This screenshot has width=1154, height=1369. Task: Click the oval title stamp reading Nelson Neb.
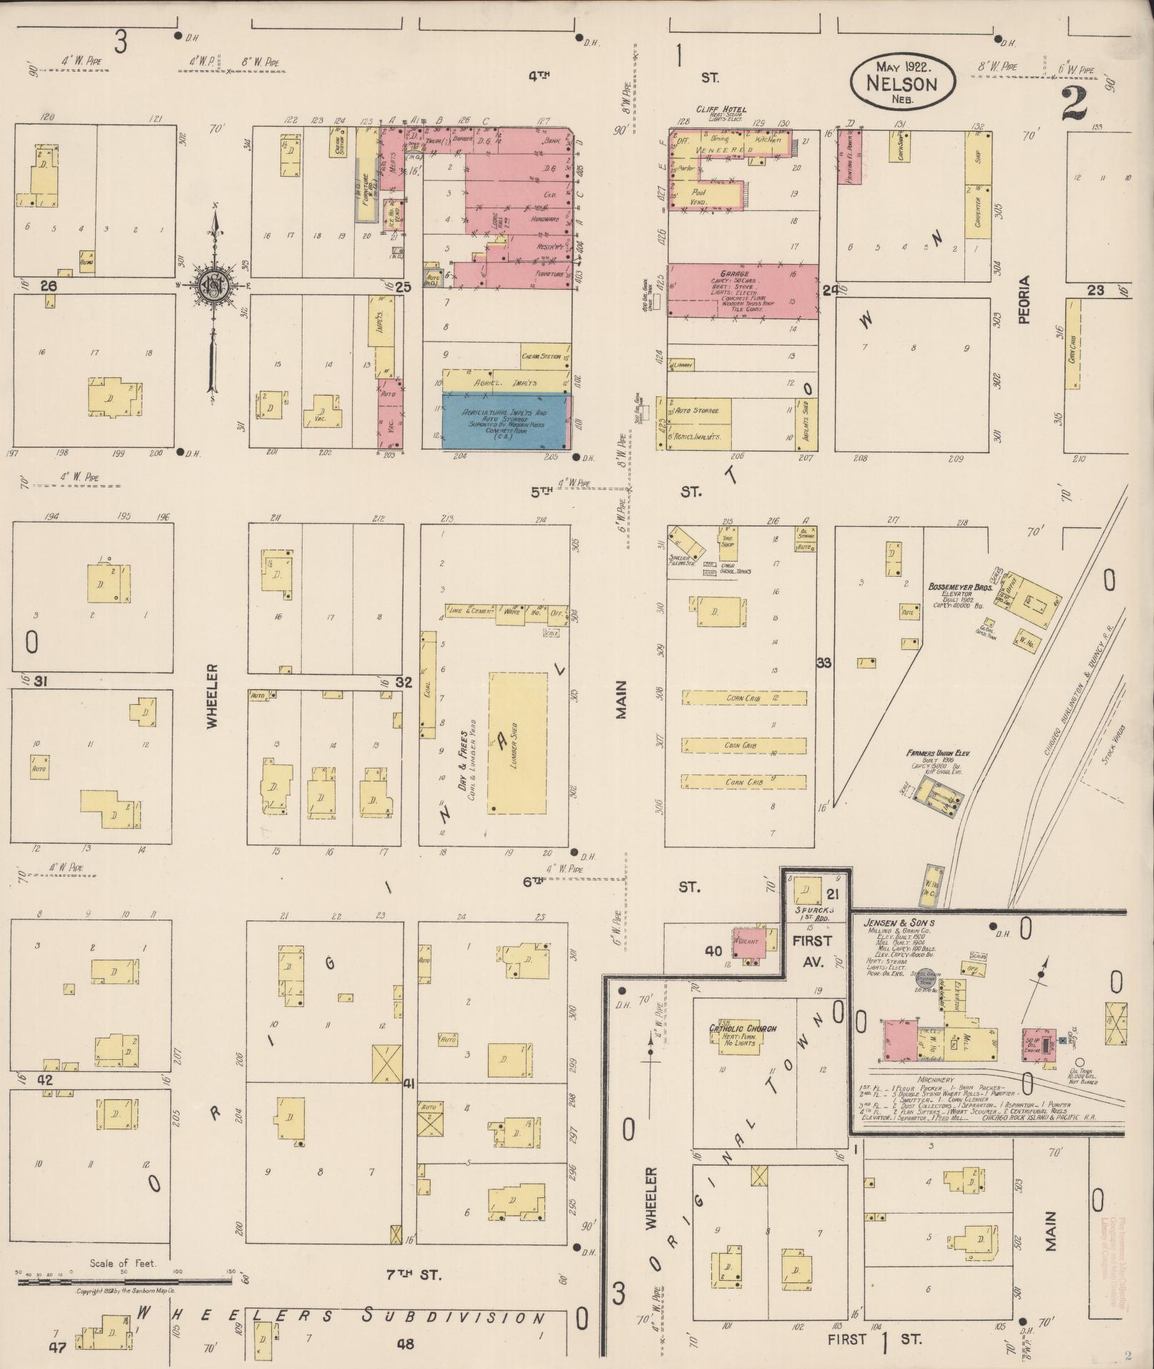pos(902,81)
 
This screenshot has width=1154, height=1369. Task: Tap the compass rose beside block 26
pos(212,284)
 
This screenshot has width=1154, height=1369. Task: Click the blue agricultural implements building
pos(507,422)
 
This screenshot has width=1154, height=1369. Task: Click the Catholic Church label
pos(743,1028)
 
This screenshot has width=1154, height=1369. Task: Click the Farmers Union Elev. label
pos(937,754)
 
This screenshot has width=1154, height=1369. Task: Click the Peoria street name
pos(1025,300)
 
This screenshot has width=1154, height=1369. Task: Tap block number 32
pos(404,682)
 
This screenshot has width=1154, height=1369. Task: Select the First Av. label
pos(812,951)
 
